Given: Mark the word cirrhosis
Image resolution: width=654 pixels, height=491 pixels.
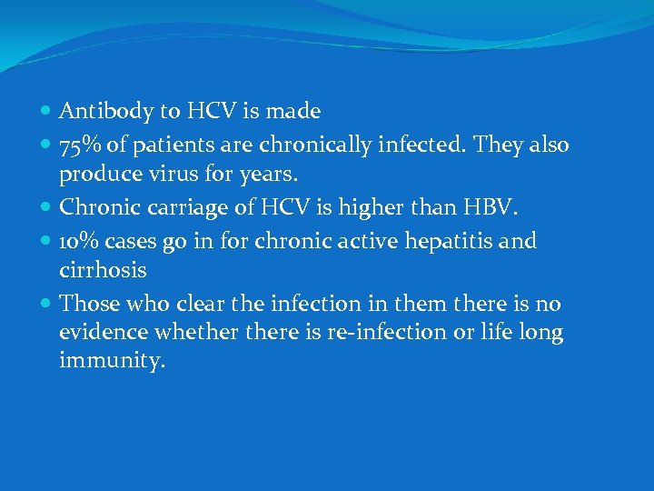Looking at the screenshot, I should [103, 269].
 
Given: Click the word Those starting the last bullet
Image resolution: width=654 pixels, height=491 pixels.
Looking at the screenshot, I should [89, 303].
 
